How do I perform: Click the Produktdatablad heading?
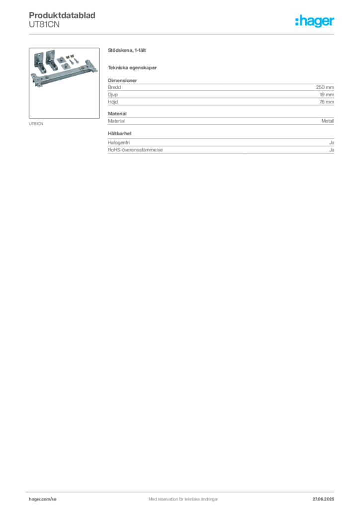62,15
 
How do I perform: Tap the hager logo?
315,21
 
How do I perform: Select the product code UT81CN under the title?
44,25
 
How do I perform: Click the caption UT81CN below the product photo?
36,124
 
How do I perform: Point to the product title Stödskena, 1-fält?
127,50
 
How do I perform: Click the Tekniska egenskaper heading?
132,68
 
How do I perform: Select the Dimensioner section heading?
122,80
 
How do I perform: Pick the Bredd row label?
114,87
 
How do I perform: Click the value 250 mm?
325,87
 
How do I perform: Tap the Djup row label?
113,95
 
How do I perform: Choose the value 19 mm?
327,95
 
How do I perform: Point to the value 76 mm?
327,102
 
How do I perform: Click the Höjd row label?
113,102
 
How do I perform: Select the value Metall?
328,121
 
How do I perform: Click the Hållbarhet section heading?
120,133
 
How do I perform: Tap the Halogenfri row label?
119,143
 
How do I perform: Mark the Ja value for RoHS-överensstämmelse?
332,150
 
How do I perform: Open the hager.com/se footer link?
43,499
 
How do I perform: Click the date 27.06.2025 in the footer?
323,499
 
